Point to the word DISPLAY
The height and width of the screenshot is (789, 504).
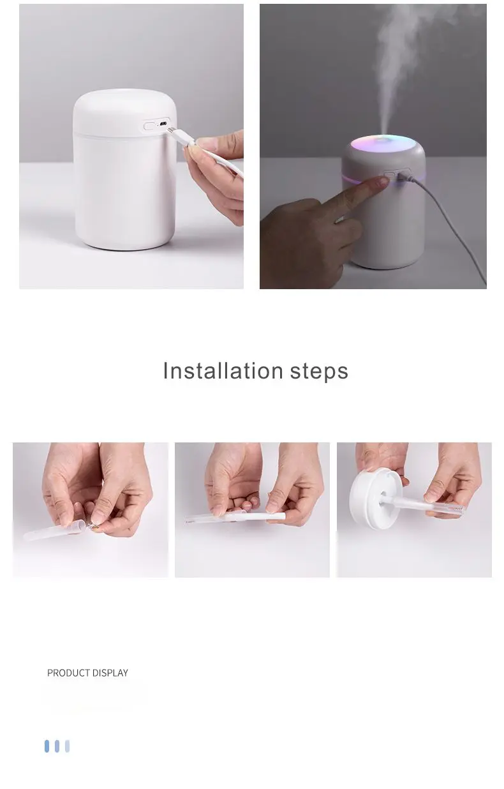111,673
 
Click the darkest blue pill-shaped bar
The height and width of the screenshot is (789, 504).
47,746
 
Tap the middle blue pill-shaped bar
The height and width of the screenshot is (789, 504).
57,746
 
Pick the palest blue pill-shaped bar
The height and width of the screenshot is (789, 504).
67,746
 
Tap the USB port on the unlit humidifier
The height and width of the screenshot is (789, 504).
164,125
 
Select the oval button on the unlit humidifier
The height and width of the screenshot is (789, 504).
151,126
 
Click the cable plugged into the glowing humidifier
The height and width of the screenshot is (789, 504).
447,217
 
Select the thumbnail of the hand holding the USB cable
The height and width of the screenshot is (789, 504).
131,146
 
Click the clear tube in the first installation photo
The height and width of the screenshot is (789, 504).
54,529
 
